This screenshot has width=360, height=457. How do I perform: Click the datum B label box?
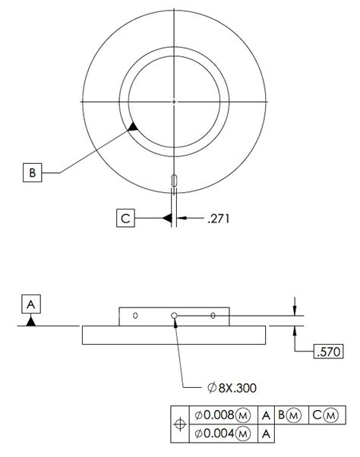[32, 173]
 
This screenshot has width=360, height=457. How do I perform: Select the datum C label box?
[126, 219]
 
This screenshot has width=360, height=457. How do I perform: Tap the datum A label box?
[30, 304]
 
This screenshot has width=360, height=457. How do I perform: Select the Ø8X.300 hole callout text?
[232, 387]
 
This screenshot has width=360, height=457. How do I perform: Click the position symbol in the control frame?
[180, 424]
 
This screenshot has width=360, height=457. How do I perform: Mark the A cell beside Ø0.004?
[266, 433]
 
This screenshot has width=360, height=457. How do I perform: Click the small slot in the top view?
[175, 179]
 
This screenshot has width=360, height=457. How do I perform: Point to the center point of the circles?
[175, 101]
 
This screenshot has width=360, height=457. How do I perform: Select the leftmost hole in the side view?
[135, 314]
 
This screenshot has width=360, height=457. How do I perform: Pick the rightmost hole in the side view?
[213, 314]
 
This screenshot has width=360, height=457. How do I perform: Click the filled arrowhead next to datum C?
[165, 219]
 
